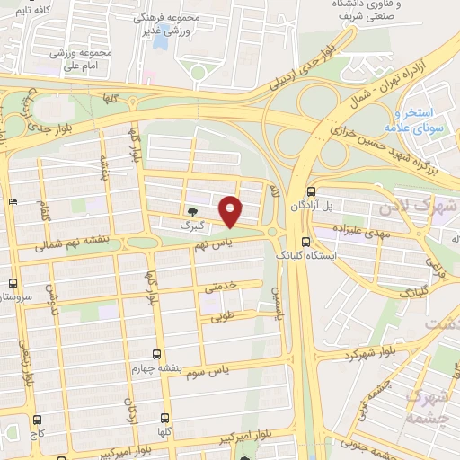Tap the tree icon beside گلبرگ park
tap(193, 212)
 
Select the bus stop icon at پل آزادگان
tap(311, 191)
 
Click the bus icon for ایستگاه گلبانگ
tap(305, 242)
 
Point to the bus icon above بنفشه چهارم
tap(157, 354)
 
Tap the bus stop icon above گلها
tap(164, 418)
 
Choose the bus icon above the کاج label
tap(37, 420)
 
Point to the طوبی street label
tap(223, 316)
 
